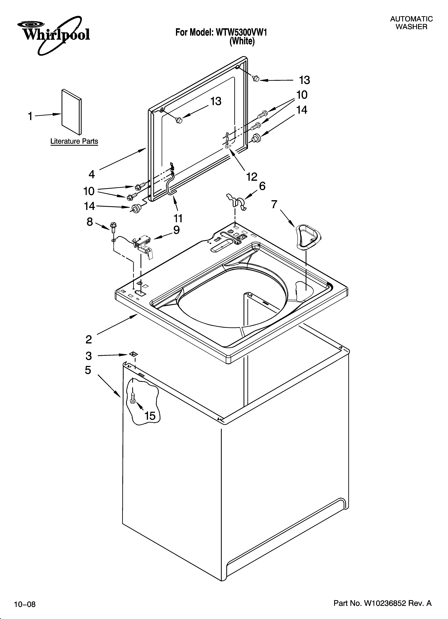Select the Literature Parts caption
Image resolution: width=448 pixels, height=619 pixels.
[x=74, y=141]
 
